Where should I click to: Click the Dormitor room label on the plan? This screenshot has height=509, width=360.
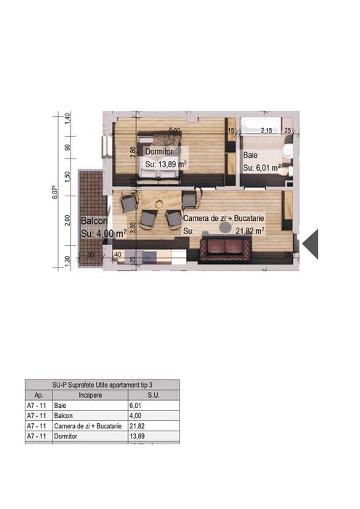[159, 151]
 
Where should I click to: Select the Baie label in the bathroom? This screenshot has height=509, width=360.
[249, 155]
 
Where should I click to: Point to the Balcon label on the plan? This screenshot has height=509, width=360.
[95, 220]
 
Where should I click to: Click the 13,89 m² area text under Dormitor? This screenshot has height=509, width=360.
[166, 164]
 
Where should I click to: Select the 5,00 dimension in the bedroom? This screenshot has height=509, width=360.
[175, 131]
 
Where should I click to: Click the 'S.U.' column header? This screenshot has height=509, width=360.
[153, 395]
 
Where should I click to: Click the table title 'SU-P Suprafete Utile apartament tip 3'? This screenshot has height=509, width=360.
[103, 384]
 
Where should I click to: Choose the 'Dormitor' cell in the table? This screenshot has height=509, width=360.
[67, 436]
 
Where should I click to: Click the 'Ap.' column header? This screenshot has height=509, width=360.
[39, 395]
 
